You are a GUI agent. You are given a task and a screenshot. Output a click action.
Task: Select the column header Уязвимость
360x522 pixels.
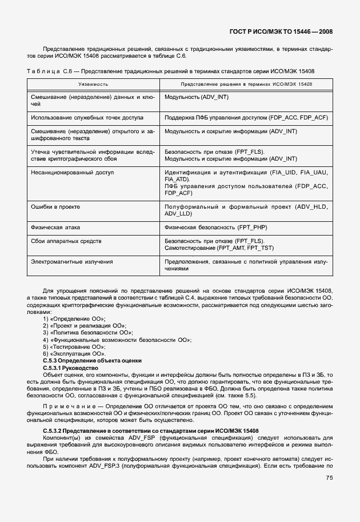pyautogui.click(x=93, y=84)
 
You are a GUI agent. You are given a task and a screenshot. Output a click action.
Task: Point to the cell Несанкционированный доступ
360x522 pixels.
pyautogui.click(x=73, y=172)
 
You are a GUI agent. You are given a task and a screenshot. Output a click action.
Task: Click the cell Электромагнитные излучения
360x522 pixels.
pyautogui.click(x=71, y=261)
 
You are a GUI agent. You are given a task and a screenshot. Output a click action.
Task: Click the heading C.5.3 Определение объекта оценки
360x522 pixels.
pyautogui.click(x=92, y=361)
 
